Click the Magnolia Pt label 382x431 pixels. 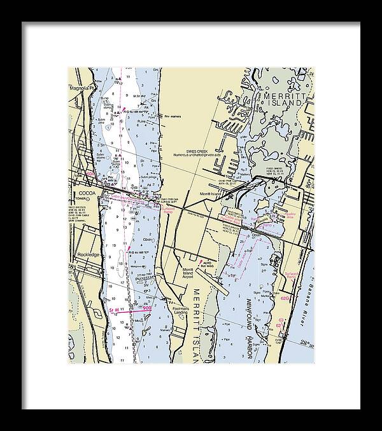(x=81, y=88)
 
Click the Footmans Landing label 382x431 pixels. (x=183, y=312)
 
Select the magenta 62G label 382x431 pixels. (x=285, y=296)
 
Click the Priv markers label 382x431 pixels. (x=173, y=117)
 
